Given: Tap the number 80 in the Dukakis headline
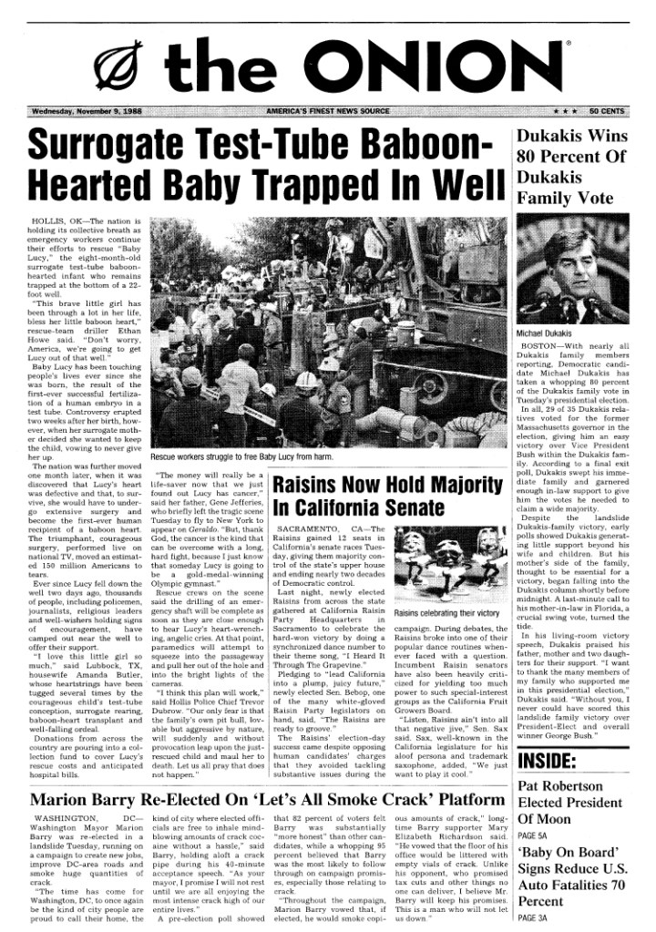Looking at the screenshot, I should click(x=529, y=155).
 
